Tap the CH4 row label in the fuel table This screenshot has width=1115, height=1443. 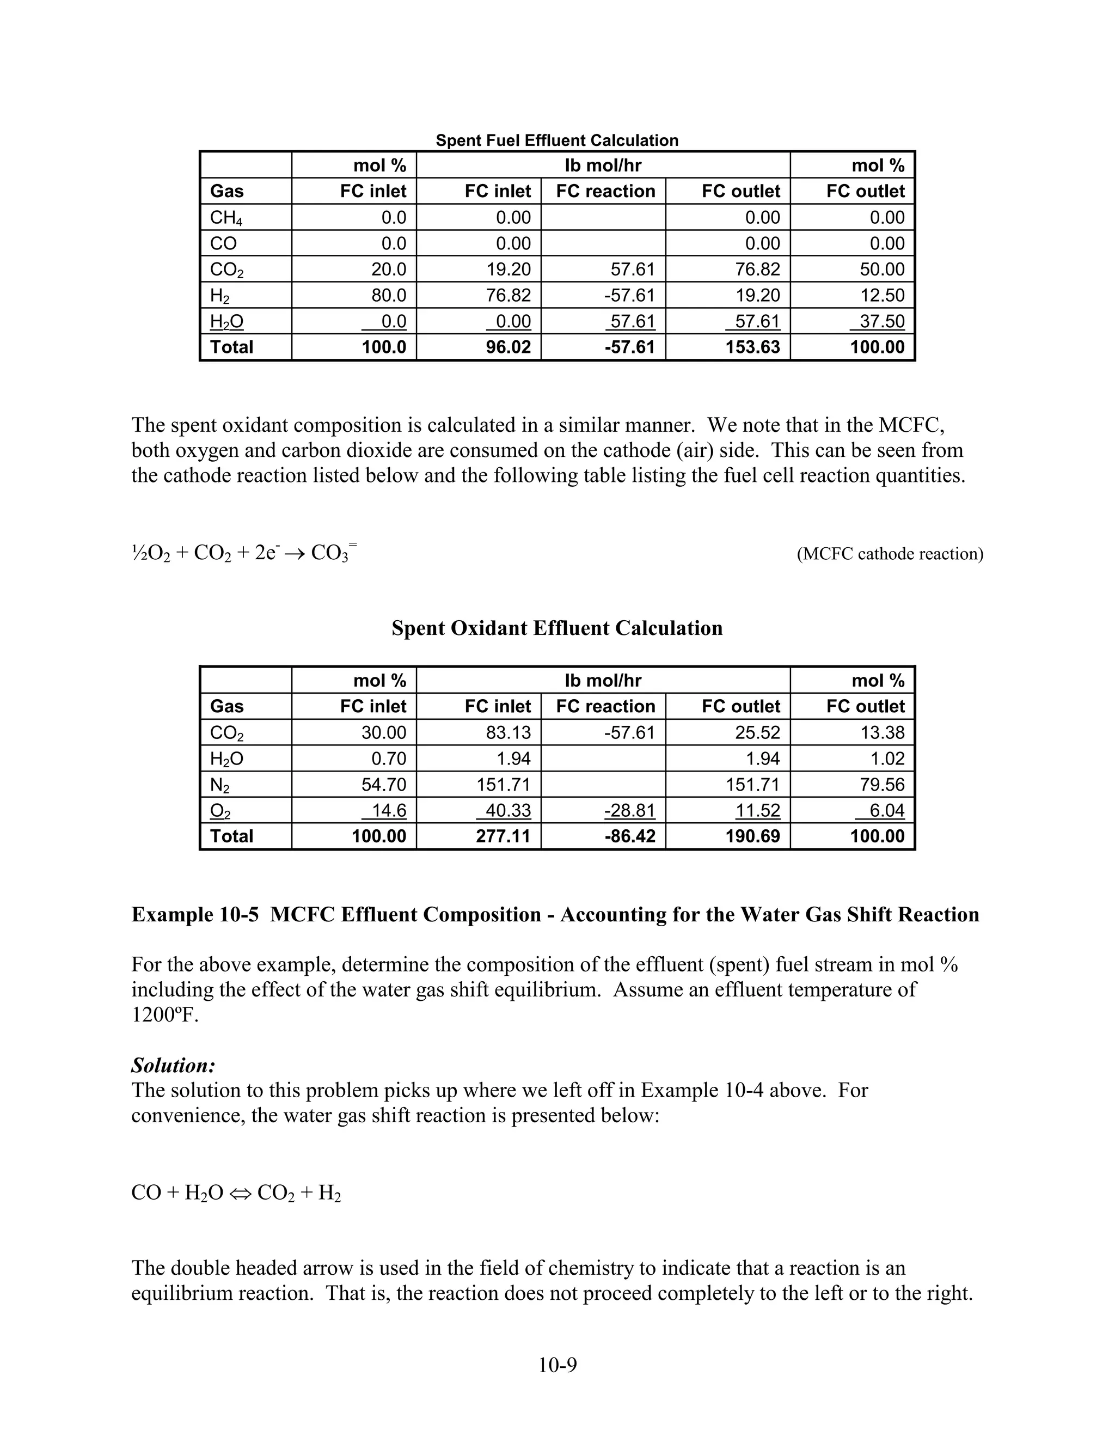coord(226,217)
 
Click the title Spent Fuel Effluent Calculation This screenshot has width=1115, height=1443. coord(557,140)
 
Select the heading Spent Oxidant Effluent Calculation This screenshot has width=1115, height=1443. coord(557,628)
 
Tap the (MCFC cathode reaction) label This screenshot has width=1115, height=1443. coord(890,554)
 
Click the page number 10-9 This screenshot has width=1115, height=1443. coord(557,1365)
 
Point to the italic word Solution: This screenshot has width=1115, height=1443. coord(174,1065)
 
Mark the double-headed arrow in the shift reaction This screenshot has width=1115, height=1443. coord(240,1193)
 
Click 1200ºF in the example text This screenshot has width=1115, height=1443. coord(164,1015)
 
